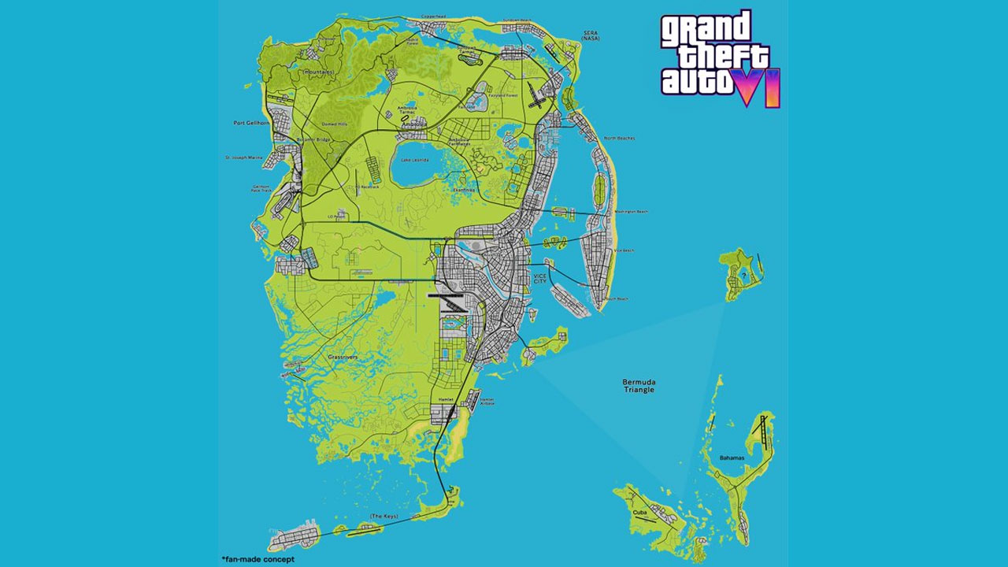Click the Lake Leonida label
(x=414, y=160)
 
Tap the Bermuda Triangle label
(x=639, y=386)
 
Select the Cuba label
(x=639, y=513)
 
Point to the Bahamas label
(x=732, y=458)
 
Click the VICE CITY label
(x=539, y=280)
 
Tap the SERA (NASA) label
(x=590, y=35)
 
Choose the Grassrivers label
(x=342, y=357)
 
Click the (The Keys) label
(x=384, y=517)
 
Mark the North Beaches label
(x=619, y=139)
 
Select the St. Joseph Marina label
(x=244, y=157)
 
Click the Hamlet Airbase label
(x=487, y=401)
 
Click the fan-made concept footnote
(x=258, y=558)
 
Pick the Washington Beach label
(x=631, y=212)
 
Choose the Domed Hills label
(x=335, y=124)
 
